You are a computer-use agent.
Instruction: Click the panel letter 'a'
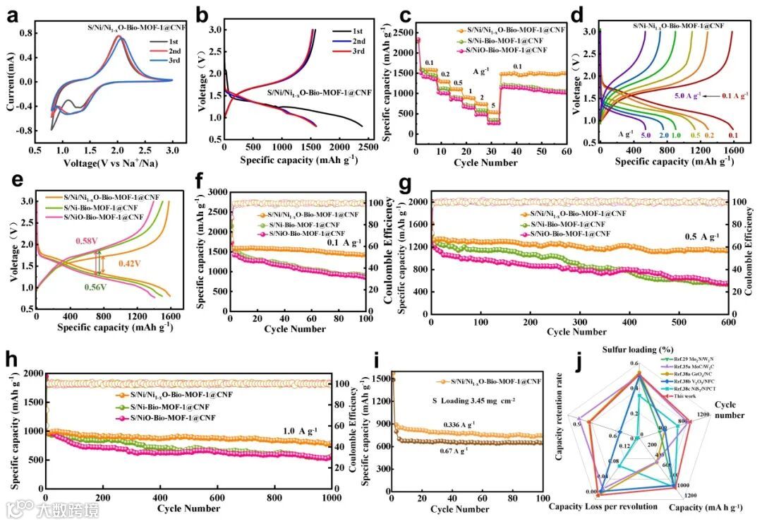point(12,16)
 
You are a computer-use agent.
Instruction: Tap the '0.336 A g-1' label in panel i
point(461,424)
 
